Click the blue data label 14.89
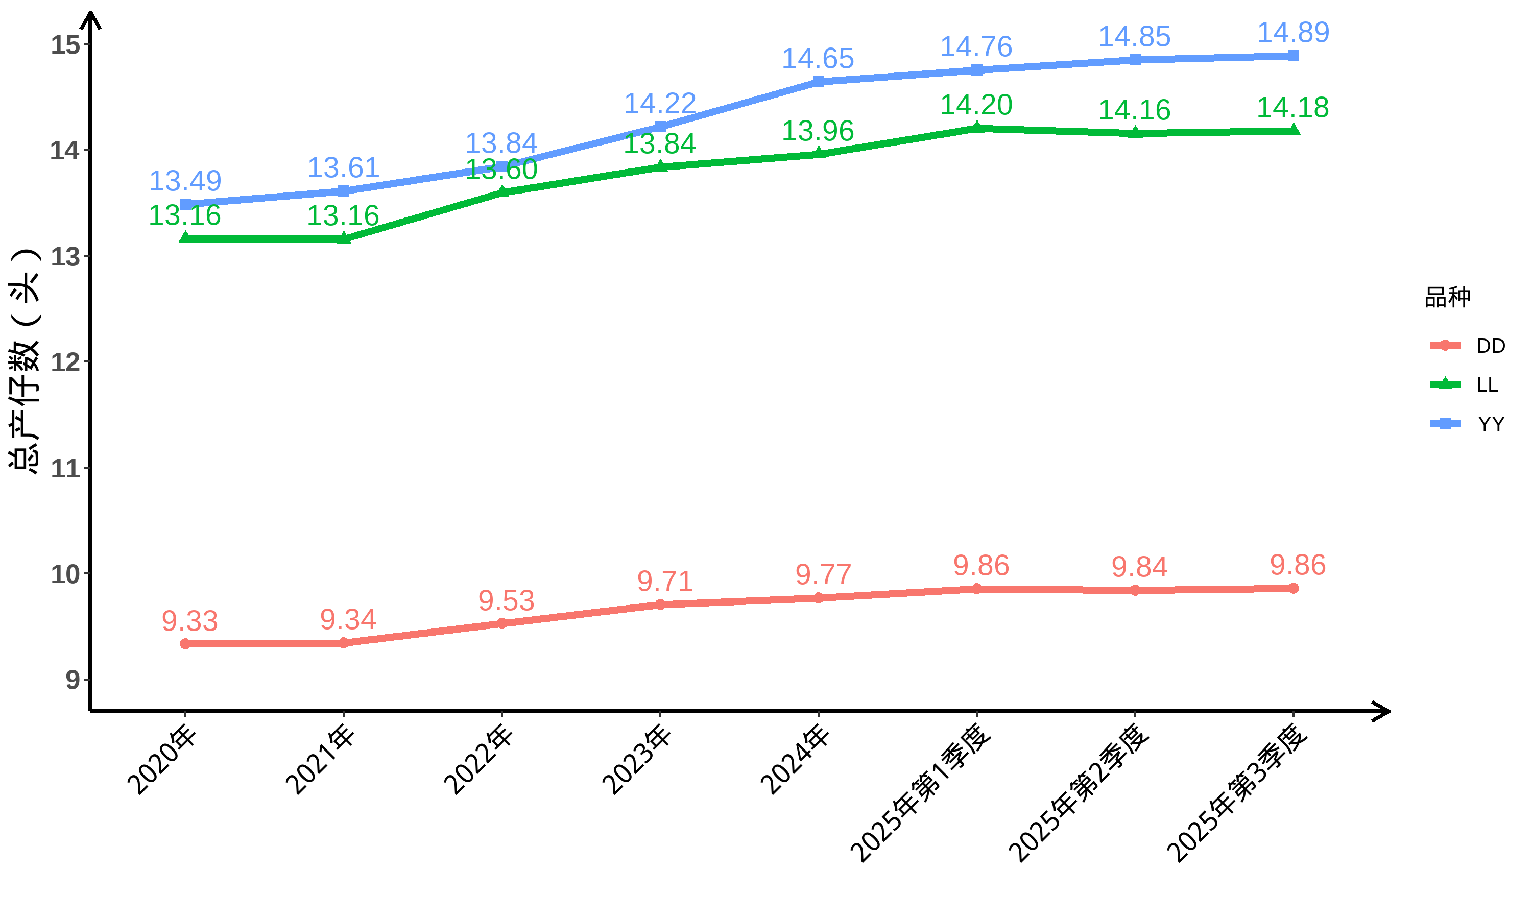(1293, 32)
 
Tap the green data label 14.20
(976, 105)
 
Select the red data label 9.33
(189, 621)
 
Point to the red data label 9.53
(506, 601)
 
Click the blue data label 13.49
(185, 181)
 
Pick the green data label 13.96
(818, 131)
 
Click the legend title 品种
(1447, 297)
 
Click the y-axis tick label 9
(73, 680)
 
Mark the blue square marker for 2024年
(818, 82)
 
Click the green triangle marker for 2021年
(344, 238)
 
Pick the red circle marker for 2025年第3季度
(1293, 588)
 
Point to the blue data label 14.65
(818, 59)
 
